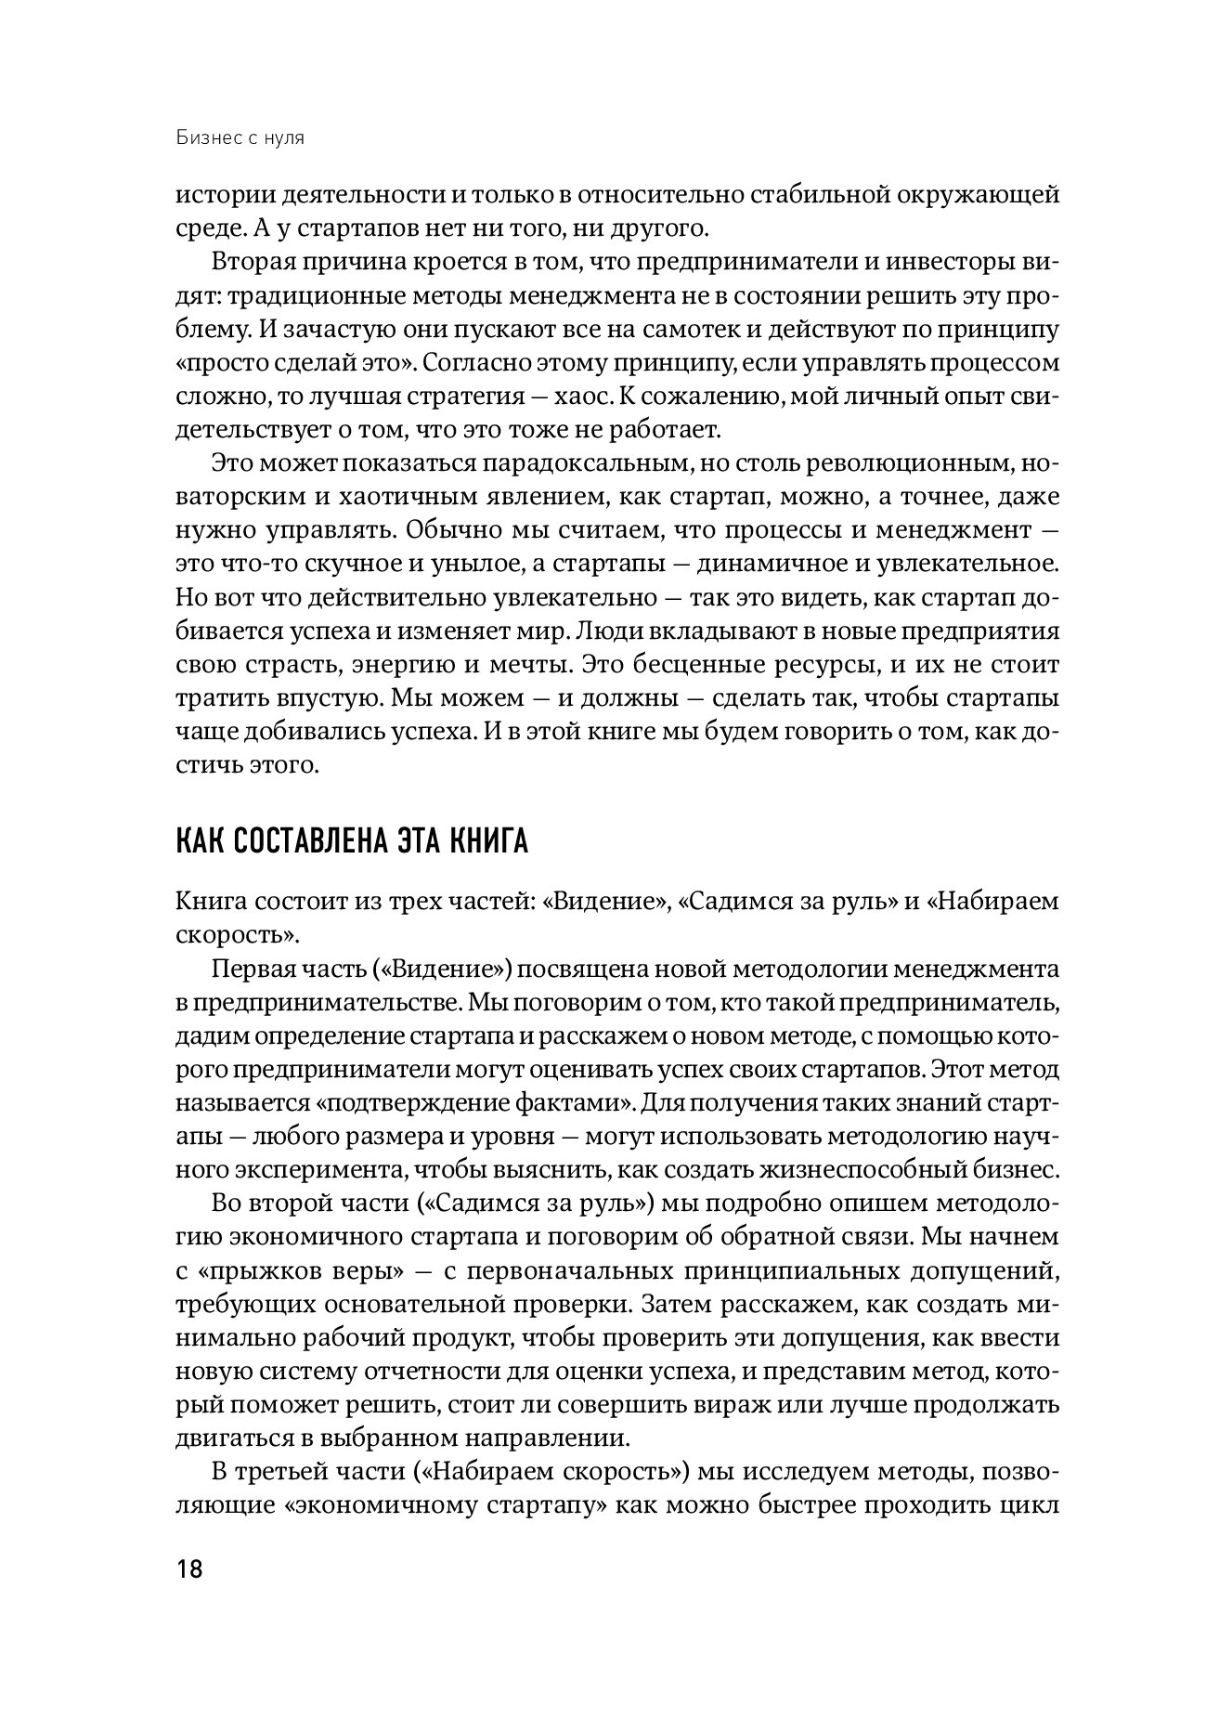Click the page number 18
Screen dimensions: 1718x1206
tap(188, 1571)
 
